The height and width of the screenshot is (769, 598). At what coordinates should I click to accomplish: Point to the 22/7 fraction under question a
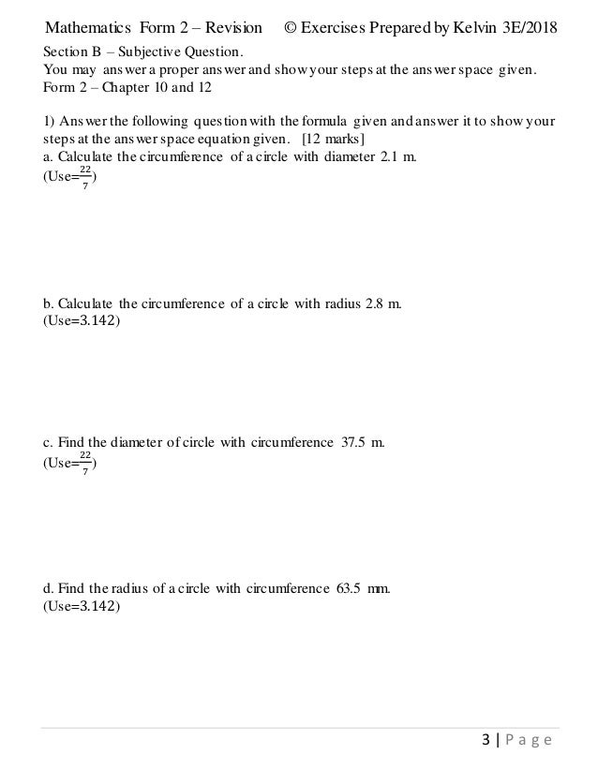[x=84, y=175]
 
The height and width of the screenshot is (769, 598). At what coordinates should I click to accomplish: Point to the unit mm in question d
[x=378, y=589]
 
